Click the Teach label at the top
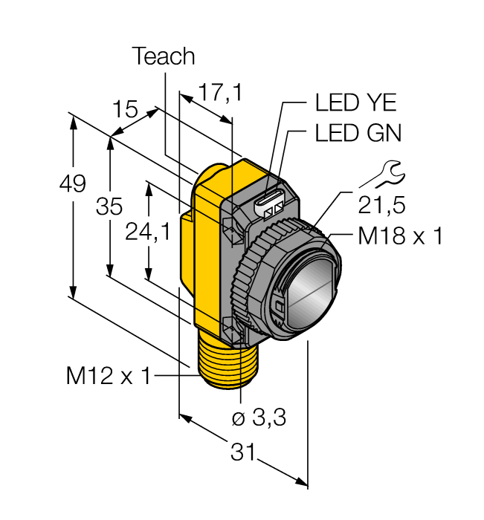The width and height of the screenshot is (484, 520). tap(163, 56)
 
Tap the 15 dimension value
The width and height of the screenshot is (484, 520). tap(126, 110)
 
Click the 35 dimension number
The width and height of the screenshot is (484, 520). tap(109, 207)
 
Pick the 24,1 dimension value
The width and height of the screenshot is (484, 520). tap(147, 233)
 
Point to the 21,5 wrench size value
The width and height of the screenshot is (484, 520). tap(384, 204)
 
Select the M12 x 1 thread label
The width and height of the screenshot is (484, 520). tap(108, 377)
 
